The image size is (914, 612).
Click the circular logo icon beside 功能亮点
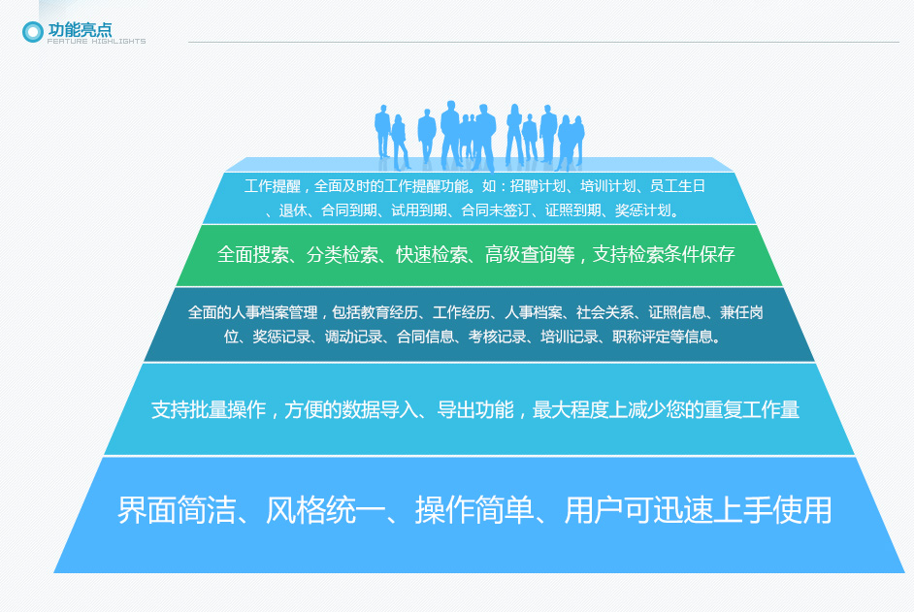coord(33,32)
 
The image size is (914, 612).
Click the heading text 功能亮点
coord(80,29)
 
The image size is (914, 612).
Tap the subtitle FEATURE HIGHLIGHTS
coord(97,42)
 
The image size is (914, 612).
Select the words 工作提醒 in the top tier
coord(273,186)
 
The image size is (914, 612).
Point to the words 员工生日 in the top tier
coord(677,186)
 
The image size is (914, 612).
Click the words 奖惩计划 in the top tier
coord(642,210)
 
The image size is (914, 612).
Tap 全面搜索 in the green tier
coord(253,255)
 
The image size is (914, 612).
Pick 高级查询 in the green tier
coord(521,255)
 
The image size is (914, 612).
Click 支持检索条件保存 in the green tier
coord(664,255)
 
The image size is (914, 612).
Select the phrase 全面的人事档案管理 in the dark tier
coord(252,313)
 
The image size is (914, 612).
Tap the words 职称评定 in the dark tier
coord(640,337)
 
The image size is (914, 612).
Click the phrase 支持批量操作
coord(208,409)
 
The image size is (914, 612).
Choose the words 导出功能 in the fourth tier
coord(475,409)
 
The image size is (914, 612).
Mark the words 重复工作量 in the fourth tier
coord(751,409)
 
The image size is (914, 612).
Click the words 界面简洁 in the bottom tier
coord(177,510)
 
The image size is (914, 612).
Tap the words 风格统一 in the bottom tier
coord(325,510)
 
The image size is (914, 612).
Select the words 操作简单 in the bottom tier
coord(474,510)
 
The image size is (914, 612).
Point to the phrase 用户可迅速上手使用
coord(698,510)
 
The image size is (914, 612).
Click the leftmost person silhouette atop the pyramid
coord(382,131)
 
